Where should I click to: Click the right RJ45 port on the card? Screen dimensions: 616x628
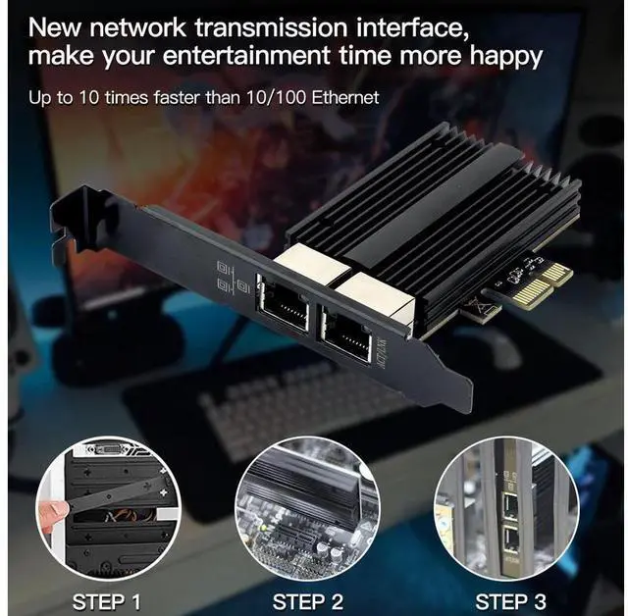pyautogui.click(x=345, y=335)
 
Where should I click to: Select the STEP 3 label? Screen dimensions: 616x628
pyautogui.click(x=511, y=600)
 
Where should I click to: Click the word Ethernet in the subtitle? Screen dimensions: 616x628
pyautogui.click(x=345, y=97)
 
